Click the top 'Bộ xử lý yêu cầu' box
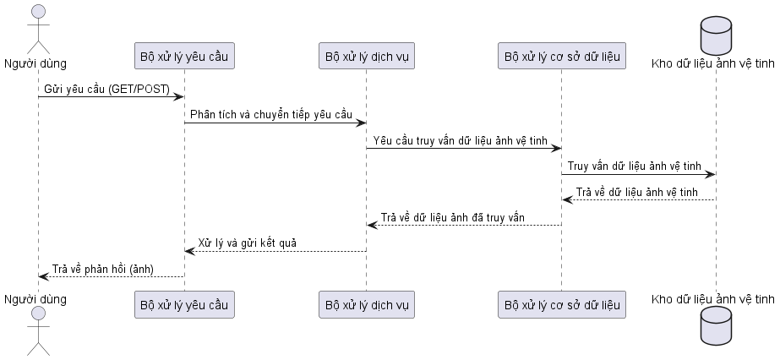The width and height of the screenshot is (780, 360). (x=184, y=56)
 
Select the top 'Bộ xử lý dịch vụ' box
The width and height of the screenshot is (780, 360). (x=367, y=56)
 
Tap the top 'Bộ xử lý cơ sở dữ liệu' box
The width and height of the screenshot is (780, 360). (x=562, y=56)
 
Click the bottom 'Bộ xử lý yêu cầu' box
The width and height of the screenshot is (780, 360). (x=184, y=304)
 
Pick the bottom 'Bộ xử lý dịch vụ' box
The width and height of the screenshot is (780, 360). (x=367, y=304)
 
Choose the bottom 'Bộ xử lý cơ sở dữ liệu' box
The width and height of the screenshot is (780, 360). (x=562, y=304)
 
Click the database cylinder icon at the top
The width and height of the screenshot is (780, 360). (x=716, y=35)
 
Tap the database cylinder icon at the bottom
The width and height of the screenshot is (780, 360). (x=716, y=325)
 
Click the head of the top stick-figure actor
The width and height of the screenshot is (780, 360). (x=38, y=12)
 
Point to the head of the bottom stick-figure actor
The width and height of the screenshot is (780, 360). (x=38, y=314)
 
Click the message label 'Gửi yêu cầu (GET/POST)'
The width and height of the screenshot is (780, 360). (x=107, y=90)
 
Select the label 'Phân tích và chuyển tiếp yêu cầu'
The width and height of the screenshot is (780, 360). (x=271, y=115)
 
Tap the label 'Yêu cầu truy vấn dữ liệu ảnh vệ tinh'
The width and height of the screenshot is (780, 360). (x=461, y=141)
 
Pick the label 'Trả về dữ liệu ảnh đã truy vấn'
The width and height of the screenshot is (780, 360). (x=453, y=218)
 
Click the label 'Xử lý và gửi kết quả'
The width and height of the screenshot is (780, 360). (x=248, y=243)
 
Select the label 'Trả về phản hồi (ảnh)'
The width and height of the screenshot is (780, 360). (x=103, y=269)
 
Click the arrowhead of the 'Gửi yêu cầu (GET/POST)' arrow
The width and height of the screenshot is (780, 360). (x=180, y=96)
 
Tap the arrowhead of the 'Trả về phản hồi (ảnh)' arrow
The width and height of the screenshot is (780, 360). (x=43, y=276)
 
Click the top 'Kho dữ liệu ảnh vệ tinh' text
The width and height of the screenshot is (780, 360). (x=713, y=63)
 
